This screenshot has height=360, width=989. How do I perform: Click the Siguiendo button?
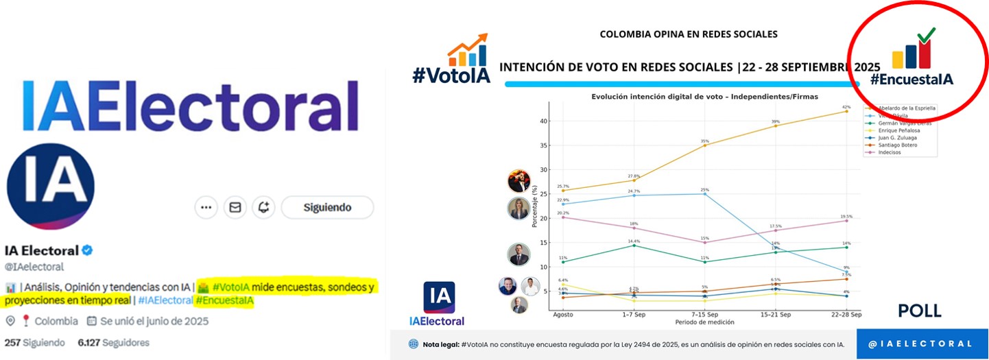click(327, 207)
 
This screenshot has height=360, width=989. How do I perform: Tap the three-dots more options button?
click(206, 207)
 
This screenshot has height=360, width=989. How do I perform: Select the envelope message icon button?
click(235, 207)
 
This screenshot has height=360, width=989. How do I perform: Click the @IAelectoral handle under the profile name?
click(34, 267)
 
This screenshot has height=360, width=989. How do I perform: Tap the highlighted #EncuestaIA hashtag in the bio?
click(224, 300)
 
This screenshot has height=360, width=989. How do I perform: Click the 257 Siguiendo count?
click(35, 342)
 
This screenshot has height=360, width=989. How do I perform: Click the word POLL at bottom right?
click(920, 311)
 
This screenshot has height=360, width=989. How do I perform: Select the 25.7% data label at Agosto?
click(562, 186)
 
